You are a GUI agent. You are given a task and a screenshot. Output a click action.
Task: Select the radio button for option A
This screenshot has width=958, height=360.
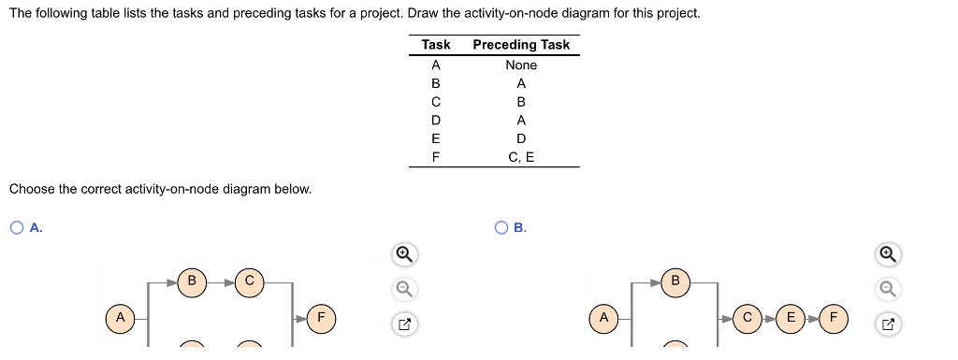[x=17, y=227]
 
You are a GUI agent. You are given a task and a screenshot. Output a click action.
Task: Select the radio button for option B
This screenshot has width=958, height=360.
[x=502, y=227]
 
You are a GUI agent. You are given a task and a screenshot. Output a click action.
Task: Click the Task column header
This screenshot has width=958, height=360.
[x=436, y=45]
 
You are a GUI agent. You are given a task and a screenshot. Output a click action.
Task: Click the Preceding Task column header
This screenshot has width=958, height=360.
[x=521, y=45]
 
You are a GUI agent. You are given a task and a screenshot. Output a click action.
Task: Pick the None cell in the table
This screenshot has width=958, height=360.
[x=521, y=65]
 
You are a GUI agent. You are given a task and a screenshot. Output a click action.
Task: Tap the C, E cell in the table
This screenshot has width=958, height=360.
[x=521, y=157]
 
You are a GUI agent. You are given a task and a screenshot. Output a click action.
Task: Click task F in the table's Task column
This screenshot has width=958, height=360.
[x=435, y=157]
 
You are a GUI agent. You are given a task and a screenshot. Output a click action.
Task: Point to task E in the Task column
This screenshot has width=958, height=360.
[x=435, y=138]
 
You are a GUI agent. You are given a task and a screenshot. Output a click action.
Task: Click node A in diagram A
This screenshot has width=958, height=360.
[x=119, y=318]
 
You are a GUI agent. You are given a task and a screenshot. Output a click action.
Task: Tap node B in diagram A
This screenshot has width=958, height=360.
[x=192, y=281]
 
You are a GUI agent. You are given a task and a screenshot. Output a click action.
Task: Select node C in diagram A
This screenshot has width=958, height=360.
[x=250, y=281]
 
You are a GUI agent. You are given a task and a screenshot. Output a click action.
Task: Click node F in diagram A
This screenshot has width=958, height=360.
[x=322, y=318]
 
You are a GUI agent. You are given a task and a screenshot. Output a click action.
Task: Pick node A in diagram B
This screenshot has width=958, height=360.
[x=604, y=318]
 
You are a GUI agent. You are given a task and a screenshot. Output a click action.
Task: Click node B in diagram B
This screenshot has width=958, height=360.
[x=675, y=281]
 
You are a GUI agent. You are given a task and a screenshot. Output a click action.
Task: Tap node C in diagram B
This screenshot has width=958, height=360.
[x=747, y=318]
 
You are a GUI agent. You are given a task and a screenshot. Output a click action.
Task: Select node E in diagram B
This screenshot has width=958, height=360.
[x=791, y=318]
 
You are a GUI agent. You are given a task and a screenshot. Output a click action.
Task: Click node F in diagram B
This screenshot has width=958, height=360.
[x=835, y=318]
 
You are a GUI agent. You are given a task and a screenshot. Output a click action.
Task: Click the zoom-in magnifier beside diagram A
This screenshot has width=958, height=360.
[x=403, y=253]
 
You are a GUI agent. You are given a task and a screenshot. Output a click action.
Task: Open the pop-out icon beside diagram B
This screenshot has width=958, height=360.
[x=888, y=325]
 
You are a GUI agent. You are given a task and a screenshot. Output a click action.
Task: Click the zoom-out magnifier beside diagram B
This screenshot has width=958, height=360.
[x=888, y=289]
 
